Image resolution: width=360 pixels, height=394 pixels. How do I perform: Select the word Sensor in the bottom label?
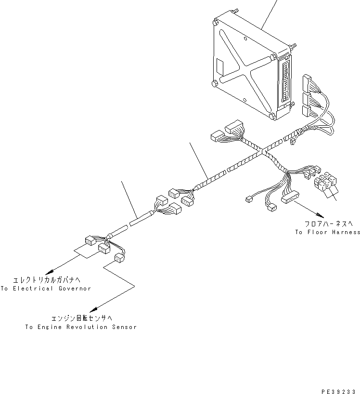tap(124, 327)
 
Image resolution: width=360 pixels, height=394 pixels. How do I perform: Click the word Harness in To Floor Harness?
tap(344, 232)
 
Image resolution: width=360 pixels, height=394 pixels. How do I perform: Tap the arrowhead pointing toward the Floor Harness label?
tap(319, 215)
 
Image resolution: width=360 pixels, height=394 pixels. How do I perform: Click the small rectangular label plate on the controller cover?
tap(219, 65)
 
